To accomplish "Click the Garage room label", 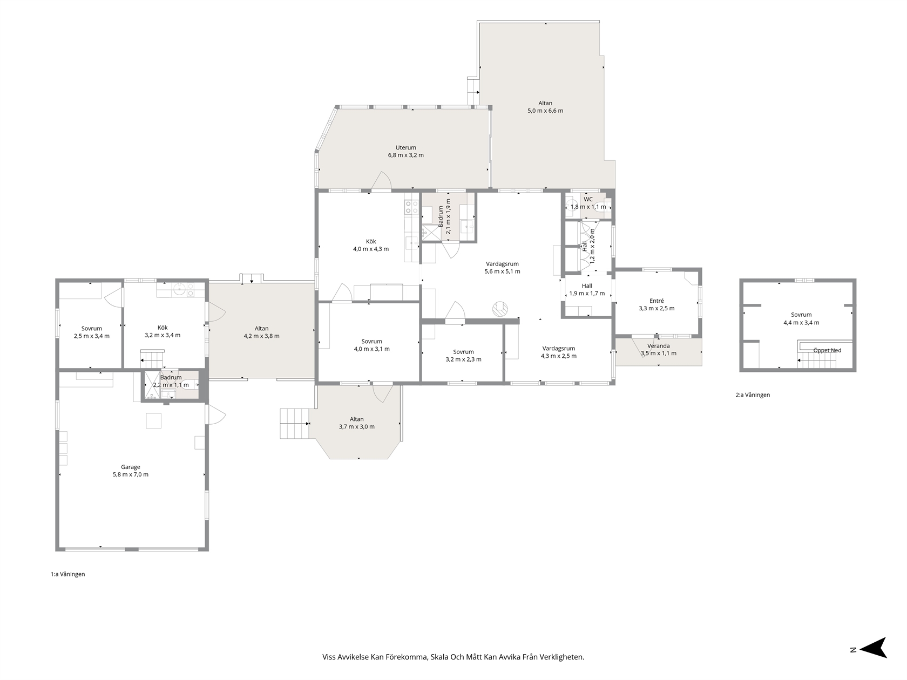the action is pos(130,467).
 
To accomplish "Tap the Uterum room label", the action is pos(406,147).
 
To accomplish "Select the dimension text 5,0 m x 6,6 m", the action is pos(545,111).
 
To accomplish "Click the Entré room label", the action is pos(656,301).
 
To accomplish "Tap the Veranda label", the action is pos(658,346).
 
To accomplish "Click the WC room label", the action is pos(588,200).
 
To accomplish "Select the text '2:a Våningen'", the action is pos(753,395).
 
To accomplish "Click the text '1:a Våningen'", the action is pos(68,574).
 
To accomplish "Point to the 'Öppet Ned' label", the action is pos(827,351).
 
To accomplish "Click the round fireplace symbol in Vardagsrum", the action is pos(500,309).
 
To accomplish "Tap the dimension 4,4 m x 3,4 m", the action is pos(801,323).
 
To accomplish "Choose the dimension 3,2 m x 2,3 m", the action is pos(463,359).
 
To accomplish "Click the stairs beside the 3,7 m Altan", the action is pos(294,423).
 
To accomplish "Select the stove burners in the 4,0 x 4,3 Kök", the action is pos(408,207).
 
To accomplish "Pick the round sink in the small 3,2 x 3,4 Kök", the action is pos(179,290).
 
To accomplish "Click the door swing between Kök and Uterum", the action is pos(381,182).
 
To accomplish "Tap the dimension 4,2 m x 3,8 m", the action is pos(261,336).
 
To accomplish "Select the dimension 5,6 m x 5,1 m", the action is pos(502,271).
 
